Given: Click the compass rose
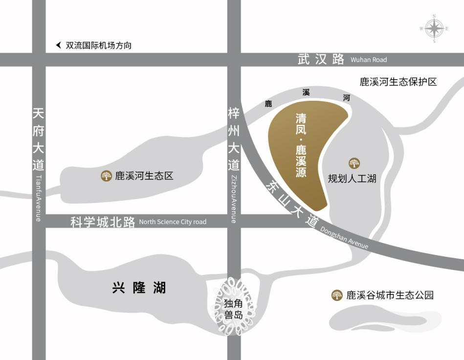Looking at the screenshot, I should (x=434, y=28).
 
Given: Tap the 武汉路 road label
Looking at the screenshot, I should (x=321, y=60).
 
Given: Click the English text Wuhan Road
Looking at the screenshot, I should (x=369, y=60).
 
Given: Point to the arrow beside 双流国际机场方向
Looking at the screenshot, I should (x=59, y=45).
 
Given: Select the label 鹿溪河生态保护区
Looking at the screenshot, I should (x=398, y=82).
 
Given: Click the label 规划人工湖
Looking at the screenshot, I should (x=352, y=179).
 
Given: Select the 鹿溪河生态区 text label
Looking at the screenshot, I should (x=144, y=176).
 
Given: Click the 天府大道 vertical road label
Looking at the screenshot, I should (x=38, y=139).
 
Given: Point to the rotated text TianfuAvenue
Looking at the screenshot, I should (x=38, y=198).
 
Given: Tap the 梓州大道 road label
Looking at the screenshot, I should (x=234, y=139).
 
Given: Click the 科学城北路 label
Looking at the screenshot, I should (x=103, y=222).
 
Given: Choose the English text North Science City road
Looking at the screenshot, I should (x=173, y=222).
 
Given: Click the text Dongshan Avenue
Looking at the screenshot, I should (x=344, y=238).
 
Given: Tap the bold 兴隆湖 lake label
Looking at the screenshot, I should (x=139, y=288).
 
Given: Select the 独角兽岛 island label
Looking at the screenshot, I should (x=234, y=308).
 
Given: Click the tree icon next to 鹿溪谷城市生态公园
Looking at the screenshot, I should (x=336, y=295).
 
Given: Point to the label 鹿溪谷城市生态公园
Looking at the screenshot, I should (x=390, y=295).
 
